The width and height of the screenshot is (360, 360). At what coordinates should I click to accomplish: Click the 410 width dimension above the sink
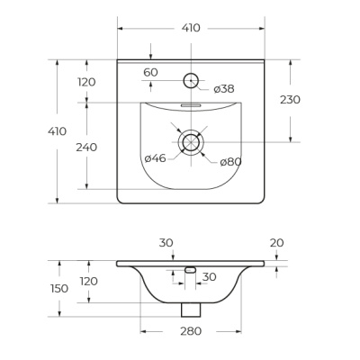(x=191, y=28)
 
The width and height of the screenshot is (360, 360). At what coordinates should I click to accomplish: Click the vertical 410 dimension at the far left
(x=58, y=131)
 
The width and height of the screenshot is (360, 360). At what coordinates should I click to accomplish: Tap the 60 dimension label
(x=150, y=73)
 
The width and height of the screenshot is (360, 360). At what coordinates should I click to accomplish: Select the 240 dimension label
(x=86, y=148)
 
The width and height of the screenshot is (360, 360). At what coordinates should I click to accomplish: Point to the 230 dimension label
(x=290, y=100)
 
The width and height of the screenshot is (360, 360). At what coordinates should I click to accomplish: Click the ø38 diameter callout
(x=224, y=89)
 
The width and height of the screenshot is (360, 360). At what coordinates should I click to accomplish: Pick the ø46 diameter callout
(x=155, y=158)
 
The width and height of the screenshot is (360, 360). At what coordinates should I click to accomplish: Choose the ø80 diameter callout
(x=230, y=162)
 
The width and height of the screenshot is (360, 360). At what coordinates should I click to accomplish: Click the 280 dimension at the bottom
(x=191, y=331)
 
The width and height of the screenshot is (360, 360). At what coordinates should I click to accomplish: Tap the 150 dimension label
(x=59, y=289)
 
